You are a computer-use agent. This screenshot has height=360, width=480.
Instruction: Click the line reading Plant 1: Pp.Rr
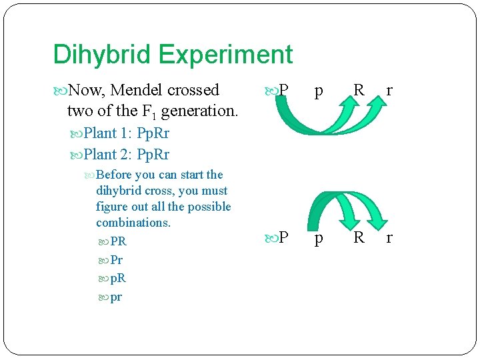tap(127, 133)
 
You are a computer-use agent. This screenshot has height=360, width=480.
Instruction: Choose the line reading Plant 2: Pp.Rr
tap(127, 155)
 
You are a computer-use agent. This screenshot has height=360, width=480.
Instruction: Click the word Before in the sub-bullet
tap(114, 175)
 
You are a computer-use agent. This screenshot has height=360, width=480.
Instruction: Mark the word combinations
tap(133, 223)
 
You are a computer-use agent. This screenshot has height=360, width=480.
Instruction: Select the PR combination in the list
tap(119, 241)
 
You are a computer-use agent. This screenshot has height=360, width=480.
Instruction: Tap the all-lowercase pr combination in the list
tap(117, 297)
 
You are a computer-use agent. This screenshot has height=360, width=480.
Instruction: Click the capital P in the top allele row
tap(283, 90)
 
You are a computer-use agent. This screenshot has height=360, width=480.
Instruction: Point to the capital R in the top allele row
tap(359, 90)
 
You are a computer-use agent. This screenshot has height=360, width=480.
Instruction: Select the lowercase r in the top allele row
tap(389, 90)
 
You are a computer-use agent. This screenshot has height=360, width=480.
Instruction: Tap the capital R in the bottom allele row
tap(359, 237)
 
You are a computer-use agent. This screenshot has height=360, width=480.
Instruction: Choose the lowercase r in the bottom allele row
tap(389, 238)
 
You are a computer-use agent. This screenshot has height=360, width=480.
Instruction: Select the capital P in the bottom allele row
tap(283, 237)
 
